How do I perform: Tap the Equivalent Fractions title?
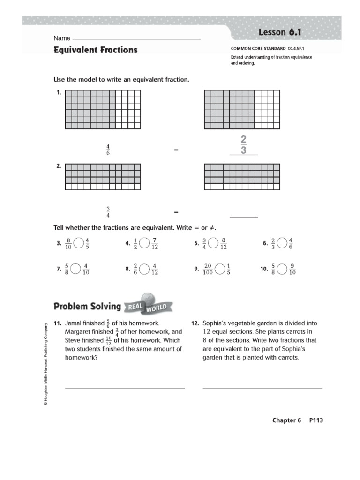(x=96, y=50)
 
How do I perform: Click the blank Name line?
(x=136, y=39)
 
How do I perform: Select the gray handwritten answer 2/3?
(x=243, y=145)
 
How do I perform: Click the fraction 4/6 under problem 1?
(x=108, y=150)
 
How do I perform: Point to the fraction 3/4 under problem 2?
(x=108, y=212)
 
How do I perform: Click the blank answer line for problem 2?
(x=243, y=217)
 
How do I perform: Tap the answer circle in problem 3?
(x=79, y=243)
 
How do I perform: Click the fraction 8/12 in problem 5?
(x=224, y=243)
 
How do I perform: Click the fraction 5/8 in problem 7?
(x=67, y=269)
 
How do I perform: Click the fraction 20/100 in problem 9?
(x=208, y=269)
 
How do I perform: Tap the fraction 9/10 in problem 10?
(x=292, y=269)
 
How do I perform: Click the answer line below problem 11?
(x=125, y=388)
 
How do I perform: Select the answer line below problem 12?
(x=262, y=388)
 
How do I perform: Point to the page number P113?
(x=316, y=420)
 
